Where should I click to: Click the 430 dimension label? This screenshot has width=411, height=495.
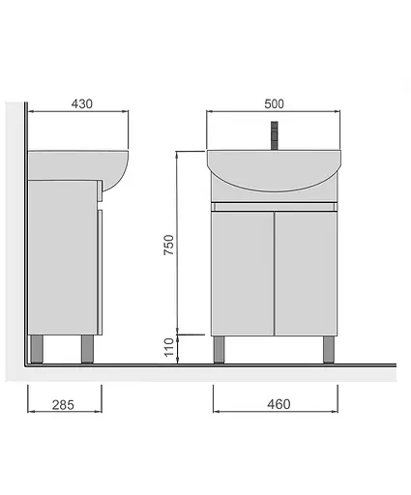coord(81,104)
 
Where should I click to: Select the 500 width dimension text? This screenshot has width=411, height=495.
coord(275,104)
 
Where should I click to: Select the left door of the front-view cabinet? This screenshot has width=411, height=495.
coord(242,273)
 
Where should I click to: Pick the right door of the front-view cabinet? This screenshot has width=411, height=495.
coord(306,273)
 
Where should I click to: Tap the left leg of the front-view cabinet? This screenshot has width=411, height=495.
coord(220,348)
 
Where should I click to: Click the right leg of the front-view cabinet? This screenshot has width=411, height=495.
coord(328,348)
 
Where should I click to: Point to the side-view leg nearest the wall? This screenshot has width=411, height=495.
coord(39,348)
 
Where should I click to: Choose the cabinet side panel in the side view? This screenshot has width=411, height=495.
coord(62,256)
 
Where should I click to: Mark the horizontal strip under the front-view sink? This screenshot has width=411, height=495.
coord(275,207)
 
